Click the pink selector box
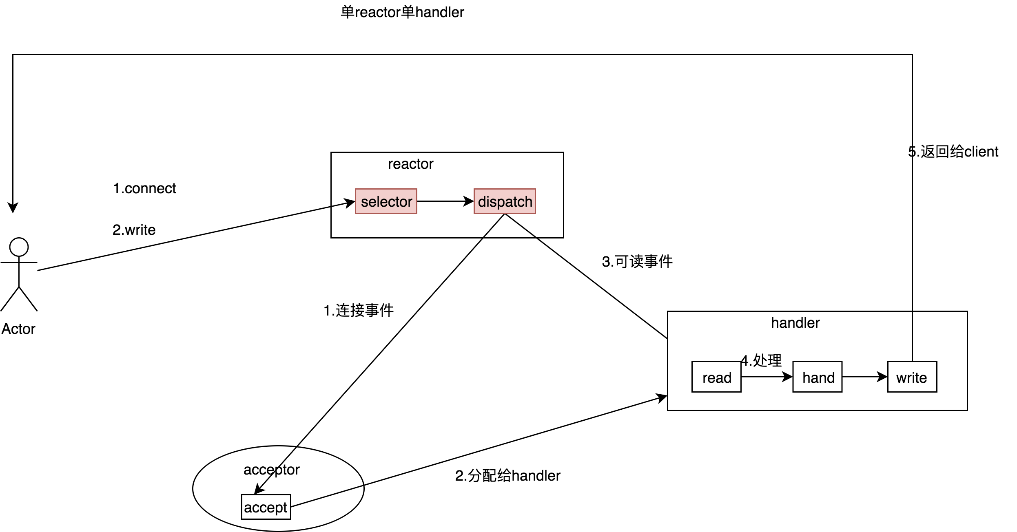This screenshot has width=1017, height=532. coord(386,201)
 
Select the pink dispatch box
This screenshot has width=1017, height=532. coord(505,201)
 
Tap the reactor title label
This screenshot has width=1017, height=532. coord(410,164)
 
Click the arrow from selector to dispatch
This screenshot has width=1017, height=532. coord(445,201)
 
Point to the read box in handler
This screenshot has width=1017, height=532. coord(716,377)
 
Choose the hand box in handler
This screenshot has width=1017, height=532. coord(817,377)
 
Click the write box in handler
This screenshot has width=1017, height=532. coord(912,377)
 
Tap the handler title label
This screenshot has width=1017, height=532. coord(795,323)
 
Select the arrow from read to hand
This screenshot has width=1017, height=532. coord(766,377)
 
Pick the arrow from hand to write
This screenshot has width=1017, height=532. coord(864,377)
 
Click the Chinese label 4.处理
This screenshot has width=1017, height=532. coord(761,360)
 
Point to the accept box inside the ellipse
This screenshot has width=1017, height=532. coord(266,507)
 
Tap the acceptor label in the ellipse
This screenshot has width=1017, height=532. coord(271,470)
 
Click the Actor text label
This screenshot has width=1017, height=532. coord(18,329)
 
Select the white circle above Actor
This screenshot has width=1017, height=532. coord(19,247)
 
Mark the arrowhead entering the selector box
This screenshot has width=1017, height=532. coord(350,203)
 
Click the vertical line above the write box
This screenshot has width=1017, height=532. coord(912,337)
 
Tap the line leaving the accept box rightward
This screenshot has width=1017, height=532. coord(326,497)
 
